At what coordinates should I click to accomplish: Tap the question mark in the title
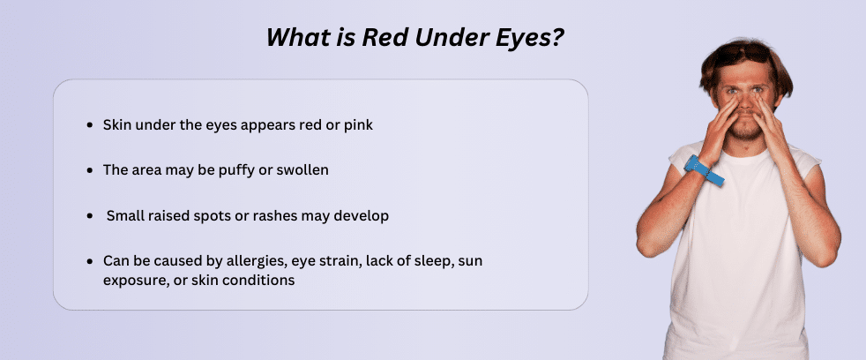(x=557, y=38)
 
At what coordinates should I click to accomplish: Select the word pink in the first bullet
(x=356, y=125)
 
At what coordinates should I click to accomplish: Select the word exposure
(x=131, y=281)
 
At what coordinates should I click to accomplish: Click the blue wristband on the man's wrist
(x=705, y=171)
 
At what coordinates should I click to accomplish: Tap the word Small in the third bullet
(x=125, y=215)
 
